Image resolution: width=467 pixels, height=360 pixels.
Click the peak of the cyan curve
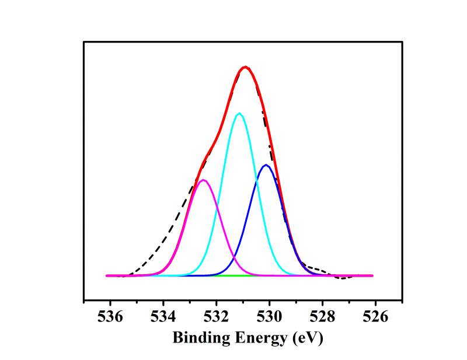point(239,113)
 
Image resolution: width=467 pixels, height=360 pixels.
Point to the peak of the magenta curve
point(203,180)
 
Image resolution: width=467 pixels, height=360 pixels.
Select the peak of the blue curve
point(266,165)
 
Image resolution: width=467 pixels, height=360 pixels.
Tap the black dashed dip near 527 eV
point(343,278)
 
